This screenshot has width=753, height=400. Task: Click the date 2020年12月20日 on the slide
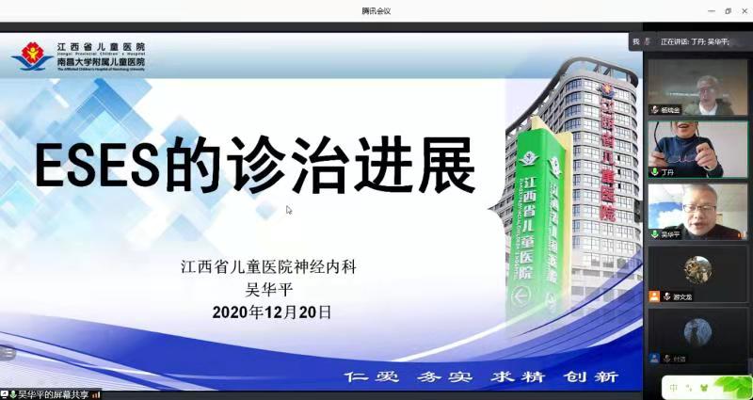(272, 312)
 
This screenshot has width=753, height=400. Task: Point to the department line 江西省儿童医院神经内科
(269, 267)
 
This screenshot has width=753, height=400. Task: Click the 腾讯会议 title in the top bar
(376, 10)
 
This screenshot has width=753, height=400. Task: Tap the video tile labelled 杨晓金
(697, 88)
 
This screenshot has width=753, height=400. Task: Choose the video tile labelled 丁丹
(697, 149)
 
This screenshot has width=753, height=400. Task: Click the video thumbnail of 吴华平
(697, 211)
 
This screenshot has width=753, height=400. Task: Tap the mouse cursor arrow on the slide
(289, 210)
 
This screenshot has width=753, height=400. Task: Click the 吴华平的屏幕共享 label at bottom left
(53, 393)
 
